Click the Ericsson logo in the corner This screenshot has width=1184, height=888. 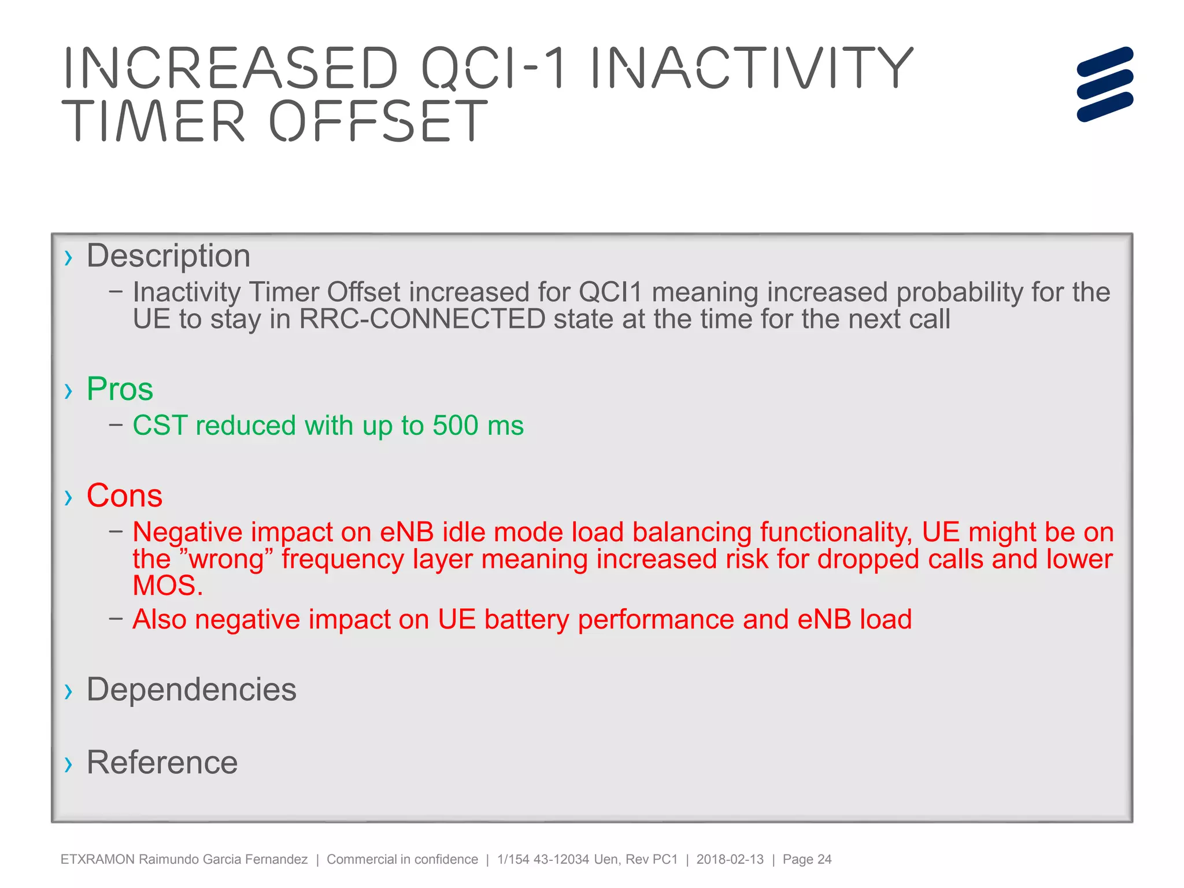tap(1104, 84)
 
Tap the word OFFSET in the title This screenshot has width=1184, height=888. tap(379, 121)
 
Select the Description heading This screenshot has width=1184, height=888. tap(168, 256)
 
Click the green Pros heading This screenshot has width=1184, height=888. tap(120, 389)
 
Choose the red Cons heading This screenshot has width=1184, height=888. tap(124, 495)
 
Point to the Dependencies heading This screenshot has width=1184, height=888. tap(191, 689)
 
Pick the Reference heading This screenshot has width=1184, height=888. tap(162, 762)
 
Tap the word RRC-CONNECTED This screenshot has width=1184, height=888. tap(422, 319)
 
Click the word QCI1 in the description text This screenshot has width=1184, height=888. tap(610, 292)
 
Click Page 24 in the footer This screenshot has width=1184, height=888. tap(806, 859)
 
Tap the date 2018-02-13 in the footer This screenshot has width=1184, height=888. tap(730, 859)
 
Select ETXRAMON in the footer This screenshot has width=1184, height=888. tap(97, 859)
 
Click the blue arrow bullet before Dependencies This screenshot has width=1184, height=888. tap(69, 691)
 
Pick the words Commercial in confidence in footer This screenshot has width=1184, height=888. tap(402, 859)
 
